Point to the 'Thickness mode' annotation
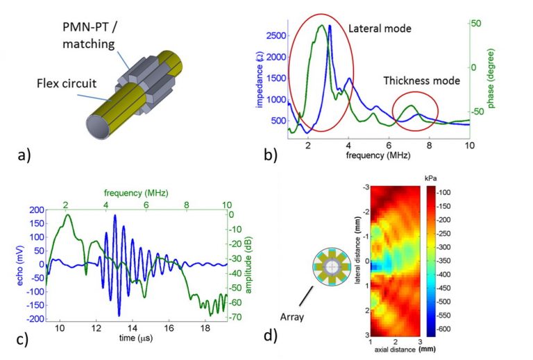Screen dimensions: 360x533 pyautogui.click(x=422, y=80)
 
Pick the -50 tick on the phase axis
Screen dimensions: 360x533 pyautogui.click(x=477, y=112)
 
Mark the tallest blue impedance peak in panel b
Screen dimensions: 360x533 pyautogui.click(x=330, y=26)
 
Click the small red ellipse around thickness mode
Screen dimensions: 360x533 pyautogui.click(x=416, y=112)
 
